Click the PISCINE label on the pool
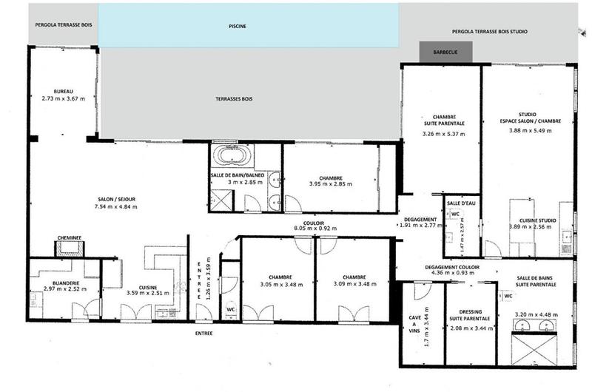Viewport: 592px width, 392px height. [x=238, y=26]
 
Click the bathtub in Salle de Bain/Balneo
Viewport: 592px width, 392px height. [x=232, y=156]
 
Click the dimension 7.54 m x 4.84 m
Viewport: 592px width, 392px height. [x=116, y=206]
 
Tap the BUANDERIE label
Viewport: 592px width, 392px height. [x=63, y=280]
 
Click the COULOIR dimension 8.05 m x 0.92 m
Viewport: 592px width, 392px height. [x=315, y=229]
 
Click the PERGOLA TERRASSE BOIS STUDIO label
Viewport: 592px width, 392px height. [x=499, y=33]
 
